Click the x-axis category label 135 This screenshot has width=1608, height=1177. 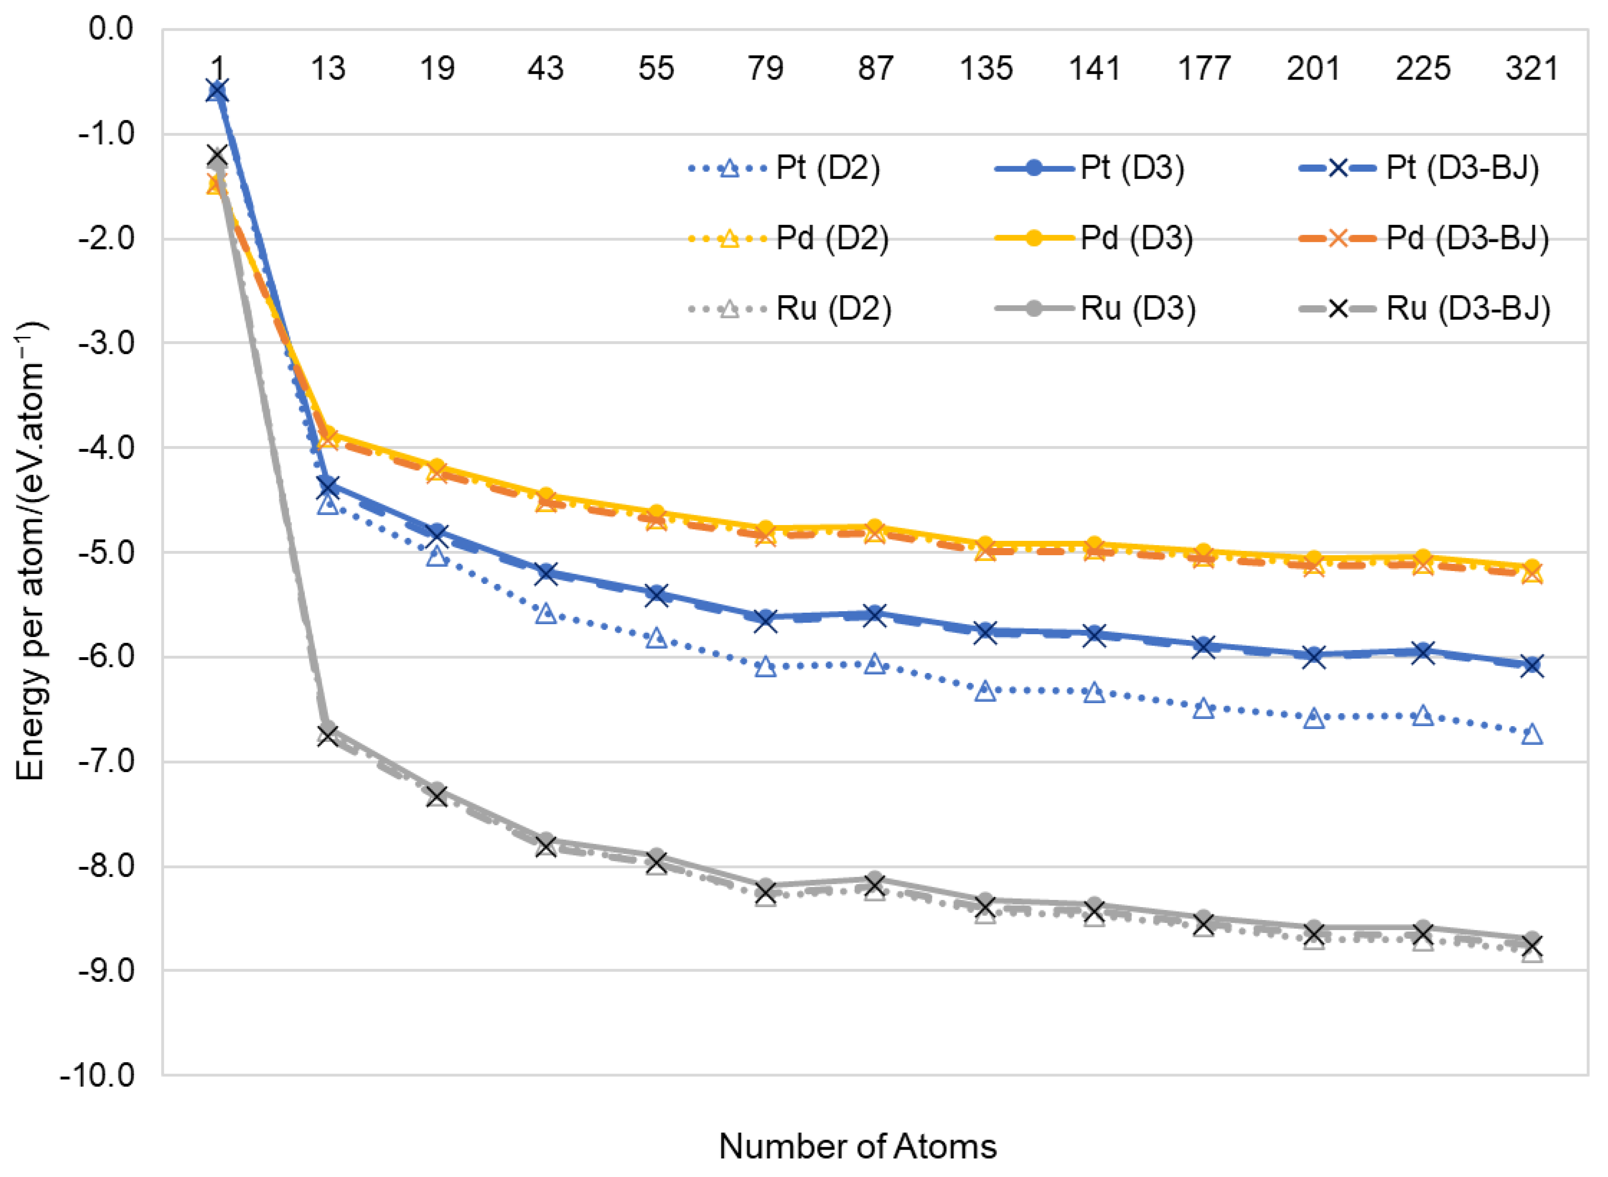click(x=985, y=68)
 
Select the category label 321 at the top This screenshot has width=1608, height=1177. click(x=1532, y=68)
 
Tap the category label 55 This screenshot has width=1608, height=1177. click(x=656, y=68)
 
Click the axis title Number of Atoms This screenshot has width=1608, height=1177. click(x=857, y=1146)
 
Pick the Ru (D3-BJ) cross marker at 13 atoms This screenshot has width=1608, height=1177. click(x=328, y=735)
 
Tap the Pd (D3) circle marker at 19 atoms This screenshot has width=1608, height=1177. click(x=437, y=467)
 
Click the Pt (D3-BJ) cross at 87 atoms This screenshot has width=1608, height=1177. click(x=875, y=615)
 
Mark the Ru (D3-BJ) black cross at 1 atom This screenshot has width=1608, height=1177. click(x=217, y=155)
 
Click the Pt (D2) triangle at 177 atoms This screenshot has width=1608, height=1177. click(x=1204, y=709)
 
